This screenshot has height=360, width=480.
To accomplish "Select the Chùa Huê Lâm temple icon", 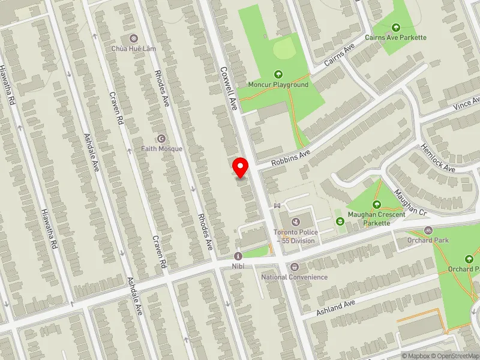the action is (x=133, y=38).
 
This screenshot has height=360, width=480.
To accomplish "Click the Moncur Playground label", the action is (x=278, y=85).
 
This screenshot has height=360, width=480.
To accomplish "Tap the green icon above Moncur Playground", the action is (x=278, y=74).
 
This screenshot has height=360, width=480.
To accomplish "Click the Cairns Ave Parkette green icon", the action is (x=396, y=27).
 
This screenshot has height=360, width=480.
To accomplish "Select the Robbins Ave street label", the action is (x=290, y=157).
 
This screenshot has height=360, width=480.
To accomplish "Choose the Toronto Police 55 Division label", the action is (x=294, y=236).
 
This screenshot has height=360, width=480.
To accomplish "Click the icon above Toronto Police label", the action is (x=295, y=222).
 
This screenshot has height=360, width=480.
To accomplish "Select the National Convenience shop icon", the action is (x=294, y=267).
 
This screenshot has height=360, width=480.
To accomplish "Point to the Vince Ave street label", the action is (x=467, y=103).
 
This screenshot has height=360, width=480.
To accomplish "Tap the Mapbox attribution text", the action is (x=415, y=356).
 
